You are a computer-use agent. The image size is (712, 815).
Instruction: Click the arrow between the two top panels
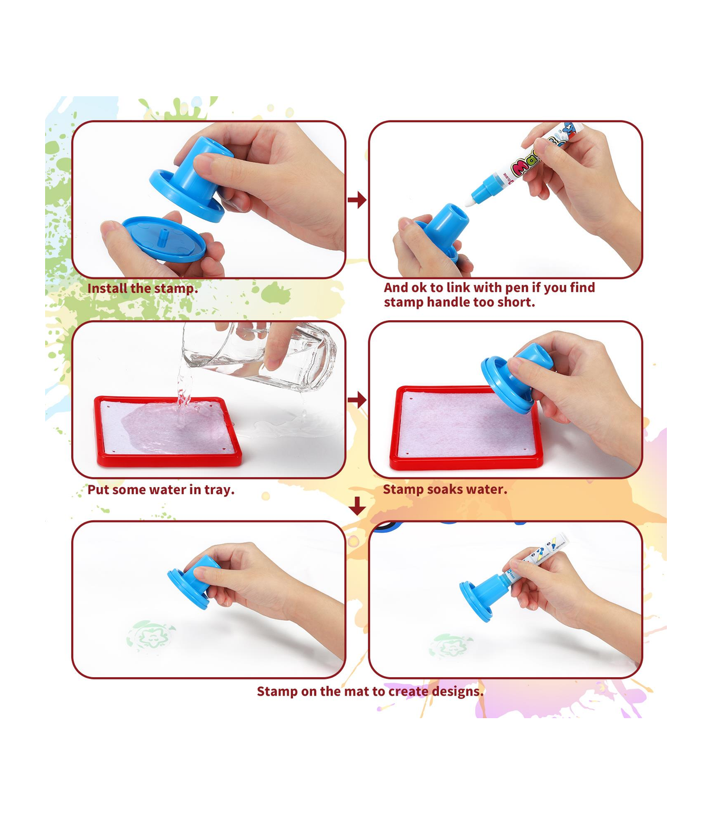(x=357, y=200)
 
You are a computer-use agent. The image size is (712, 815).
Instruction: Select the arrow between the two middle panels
(x=357, y=400)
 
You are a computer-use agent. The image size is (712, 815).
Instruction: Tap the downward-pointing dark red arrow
(x=357, y=506)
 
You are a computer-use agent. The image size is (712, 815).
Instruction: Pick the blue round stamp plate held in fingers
(x=164, y=239)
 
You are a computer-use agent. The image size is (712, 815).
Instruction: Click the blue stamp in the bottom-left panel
(x=193, y=582)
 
